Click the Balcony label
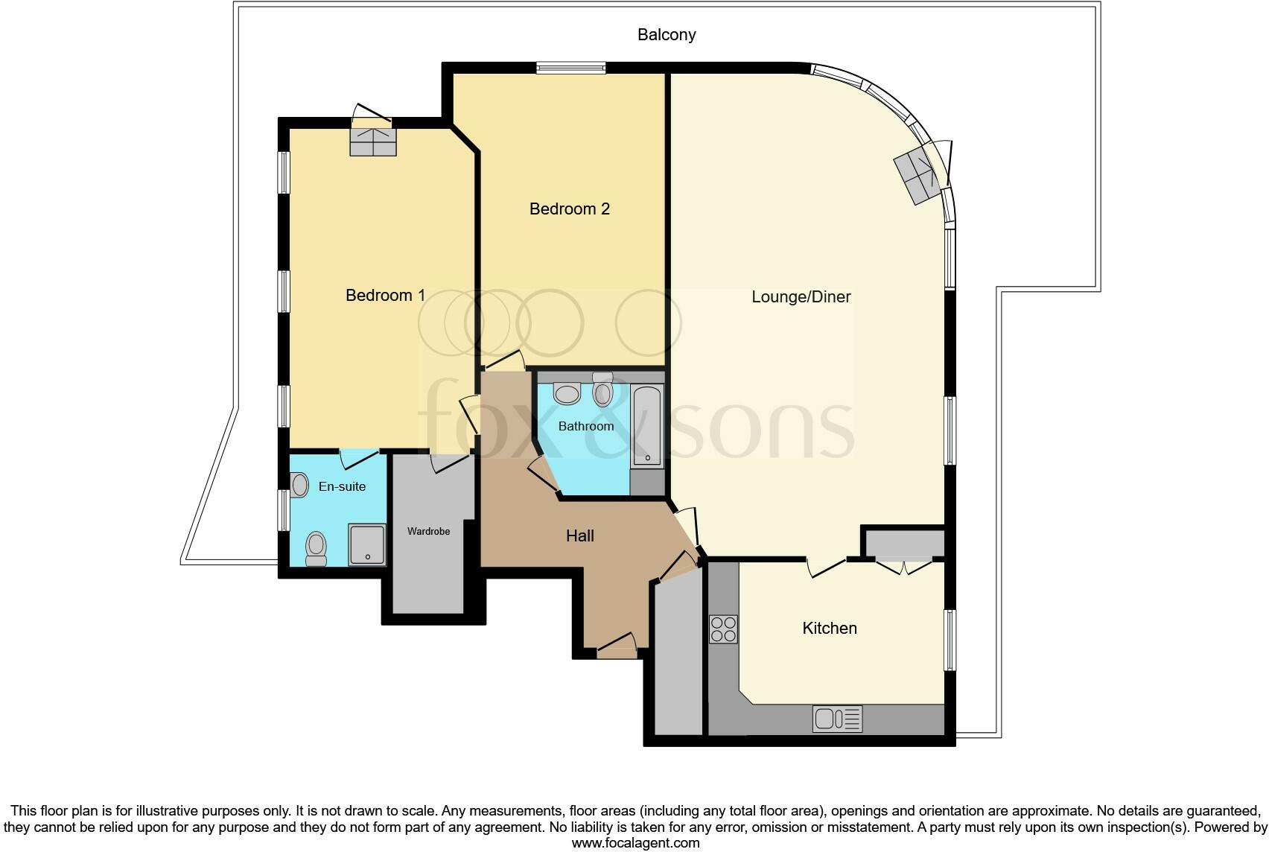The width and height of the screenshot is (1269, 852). coord(667,35)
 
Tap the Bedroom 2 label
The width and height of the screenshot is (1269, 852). coord(569,209)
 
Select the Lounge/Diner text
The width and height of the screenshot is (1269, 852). coord(801,297)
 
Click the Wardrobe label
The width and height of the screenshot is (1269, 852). coord(428,532)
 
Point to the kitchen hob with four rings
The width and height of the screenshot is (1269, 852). coord(723,629)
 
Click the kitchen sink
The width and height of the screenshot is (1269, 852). coord(838,719)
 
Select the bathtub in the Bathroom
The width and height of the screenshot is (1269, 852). coord(646,426)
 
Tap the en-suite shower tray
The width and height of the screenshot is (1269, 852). coord(367,544)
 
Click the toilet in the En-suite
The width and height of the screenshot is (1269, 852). coord(317,549)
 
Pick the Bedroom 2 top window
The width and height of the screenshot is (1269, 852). coord(571,69)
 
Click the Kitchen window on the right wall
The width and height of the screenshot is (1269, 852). coord(950,640)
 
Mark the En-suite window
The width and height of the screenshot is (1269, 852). coord(284,510)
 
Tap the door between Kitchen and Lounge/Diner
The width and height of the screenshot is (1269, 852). coord(827,566)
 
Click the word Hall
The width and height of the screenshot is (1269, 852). coord(579,536)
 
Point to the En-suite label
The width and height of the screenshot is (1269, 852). coord(342,487)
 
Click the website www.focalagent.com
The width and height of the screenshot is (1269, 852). coord(635,843)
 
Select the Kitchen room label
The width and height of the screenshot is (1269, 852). coord(829,629)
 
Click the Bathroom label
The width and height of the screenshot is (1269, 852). coord(586,427)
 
